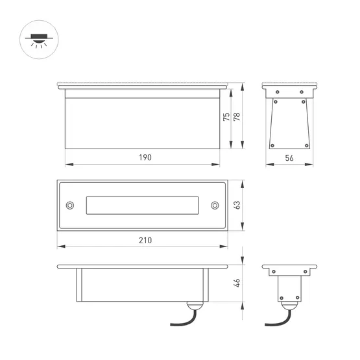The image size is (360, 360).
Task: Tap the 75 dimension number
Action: point(226,117)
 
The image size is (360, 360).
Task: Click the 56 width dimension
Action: point(289,158)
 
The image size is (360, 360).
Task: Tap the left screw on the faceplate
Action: point(70,205)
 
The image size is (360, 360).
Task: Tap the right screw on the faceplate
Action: point(214,205)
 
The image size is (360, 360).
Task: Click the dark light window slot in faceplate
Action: point(142,205)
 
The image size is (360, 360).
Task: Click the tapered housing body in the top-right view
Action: point(289,123)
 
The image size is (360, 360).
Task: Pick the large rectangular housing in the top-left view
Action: point(142,123)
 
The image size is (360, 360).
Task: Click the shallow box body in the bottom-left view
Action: point(142,285)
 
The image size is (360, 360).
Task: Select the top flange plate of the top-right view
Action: point(289,86)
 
